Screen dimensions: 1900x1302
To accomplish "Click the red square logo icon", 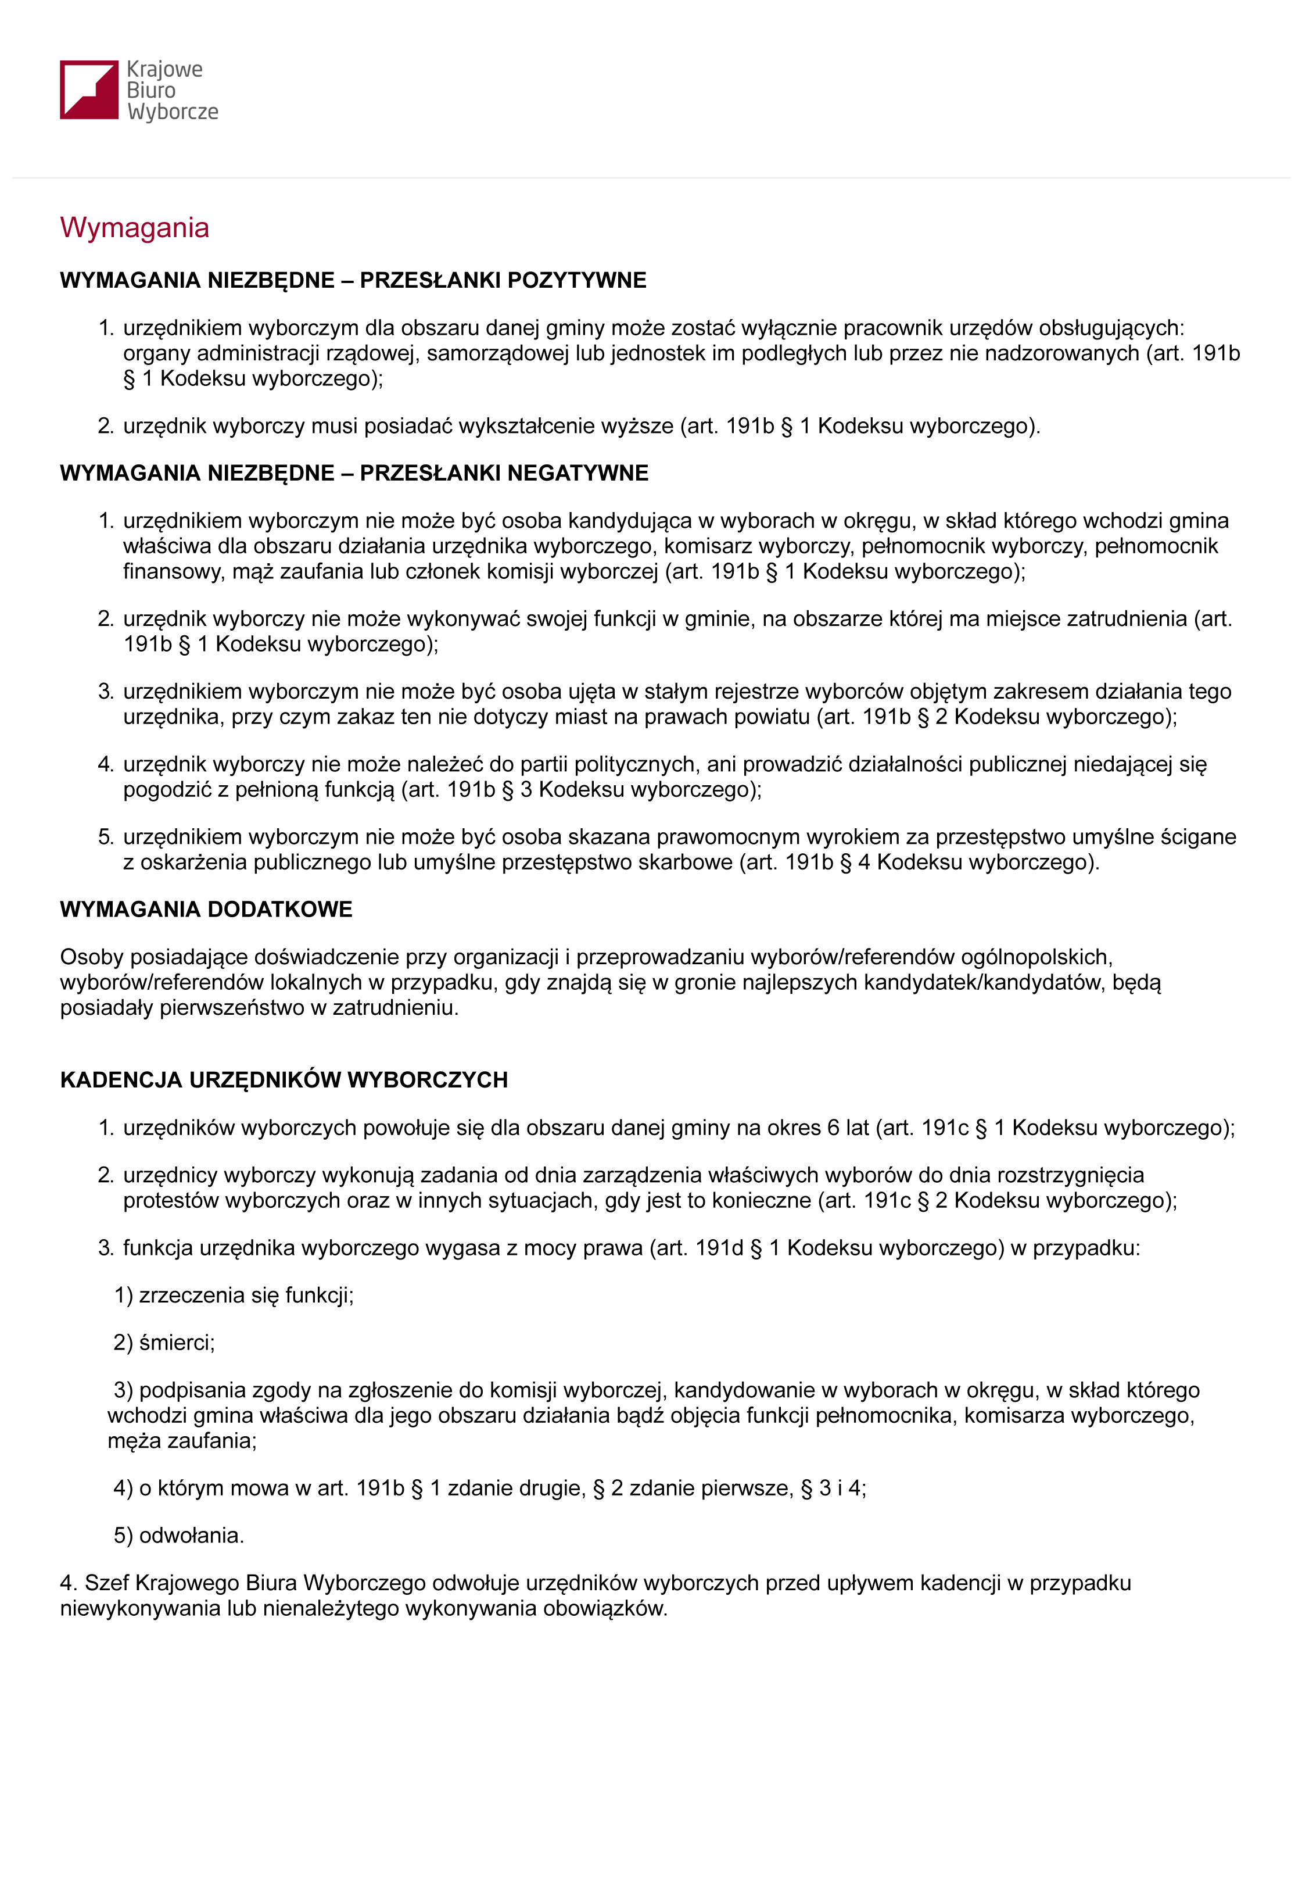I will pyautogui.click(x=88, y=90).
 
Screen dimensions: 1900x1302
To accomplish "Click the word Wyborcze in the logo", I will pyautogui.click(x=173, y=112).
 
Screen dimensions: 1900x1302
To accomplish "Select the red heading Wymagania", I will pyautogui.click(x=134, y=227).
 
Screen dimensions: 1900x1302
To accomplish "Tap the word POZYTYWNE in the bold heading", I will pyautogui.click(x=576, y=280).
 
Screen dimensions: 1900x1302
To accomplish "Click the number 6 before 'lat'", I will pyautogui.click(x=833, y=1128).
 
